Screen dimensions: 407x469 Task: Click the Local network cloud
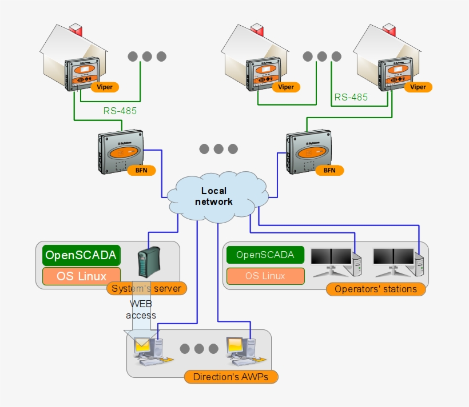coord(217,196)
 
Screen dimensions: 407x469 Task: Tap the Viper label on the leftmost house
coord(105,87)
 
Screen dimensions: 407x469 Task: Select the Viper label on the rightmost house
coord(418,87)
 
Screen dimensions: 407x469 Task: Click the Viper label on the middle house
coord(286,87)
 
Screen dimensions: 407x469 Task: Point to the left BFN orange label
coord(141,170)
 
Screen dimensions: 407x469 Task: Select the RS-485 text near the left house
coord(120,111)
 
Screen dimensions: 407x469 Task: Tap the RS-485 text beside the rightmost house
coord(351,98)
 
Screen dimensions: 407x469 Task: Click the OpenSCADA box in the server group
coord(81,255)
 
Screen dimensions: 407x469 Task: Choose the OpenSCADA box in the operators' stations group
coord(265,255)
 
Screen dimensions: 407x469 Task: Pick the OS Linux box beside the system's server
coord(81,276)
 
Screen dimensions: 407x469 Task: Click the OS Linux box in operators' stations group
coord(265,276)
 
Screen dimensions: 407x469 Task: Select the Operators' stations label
coord(375,289)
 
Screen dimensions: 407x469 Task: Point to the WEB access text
coord(141,309)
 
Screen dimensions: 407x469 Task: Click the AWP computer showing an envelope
coord(147,350)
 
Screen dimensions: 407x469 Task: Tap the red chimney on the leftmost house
coord(77,30)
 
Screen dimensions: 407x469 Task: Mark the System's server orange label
coord(146,288)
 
